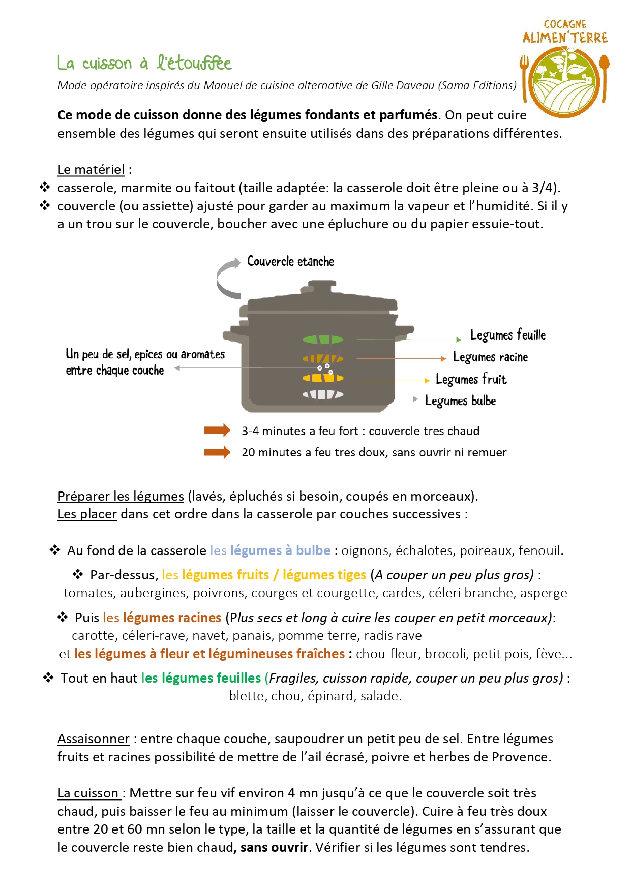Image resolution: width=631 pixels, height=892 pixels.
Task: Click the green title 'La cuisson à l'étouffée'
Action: click(144, 64)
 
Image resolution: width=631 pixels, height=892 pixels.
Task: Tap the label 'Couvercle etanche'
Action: click(290, 261)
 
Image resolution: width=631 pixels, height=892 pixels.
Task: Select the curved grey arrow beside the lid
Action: click(227, 278)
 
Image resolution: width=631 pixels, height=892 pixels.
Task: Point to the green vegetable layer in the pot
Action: click(323, 340)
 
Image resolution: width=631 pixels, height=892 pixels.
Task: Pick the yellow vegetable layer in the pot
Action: click(323, 378)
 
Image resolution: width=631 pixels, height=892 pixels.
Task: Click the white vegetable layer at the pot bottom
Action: click(323, 394)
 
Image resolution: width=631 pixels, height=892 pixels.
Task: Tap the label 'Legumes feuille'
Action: click(507, 335)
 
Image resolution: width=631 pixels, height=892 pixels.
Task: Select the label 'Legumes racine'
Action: click(490, 357)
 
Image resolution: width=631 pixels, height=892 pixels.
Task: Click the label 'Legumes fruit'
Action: click(471, 379)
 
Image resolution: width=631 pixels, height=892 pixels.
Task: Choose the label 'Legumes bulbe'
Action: click(460, 401)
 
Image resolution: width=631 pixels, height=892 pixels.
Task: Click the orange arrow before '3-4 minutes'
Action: click(217, 430)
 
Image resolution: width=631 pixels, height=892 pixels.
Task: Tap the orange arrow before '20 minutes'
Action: click(217, 452)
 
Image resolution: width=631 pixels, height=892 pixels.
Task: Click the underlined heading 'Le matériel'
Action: click(91, 170)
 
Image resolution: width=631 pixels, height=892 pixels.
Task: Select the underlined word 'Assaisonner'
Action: click(94, 739)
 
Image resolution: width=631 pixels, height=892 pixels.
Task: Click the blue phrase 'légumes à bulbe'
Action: click(280, 550)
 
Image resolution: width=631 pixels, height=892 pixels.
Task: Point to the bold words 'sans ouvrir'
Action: click(274, 847)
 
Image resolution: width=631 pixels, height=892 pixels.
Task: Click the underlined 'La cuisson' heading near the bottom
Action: click(88, 793)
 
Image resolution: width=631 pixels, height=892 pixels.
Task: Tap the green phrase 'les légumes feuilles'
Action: click(201, 678)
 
